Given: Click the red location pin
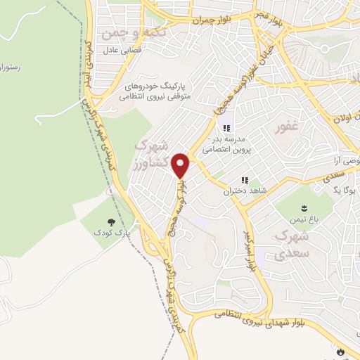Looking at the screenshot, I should [x=181, y=165].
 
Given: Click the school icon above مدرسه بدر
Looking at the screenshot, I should [x=226, y=128].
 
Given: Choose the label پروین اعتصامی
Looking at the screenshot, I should [x=226, y=150].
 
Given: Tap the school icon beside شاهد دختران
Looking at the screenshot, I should [x=245, y=181].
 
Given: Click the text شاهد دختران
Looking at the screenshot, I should [x=237, y=191].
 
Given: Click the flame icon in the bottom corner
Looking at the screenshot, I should [x=341, y=350].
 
